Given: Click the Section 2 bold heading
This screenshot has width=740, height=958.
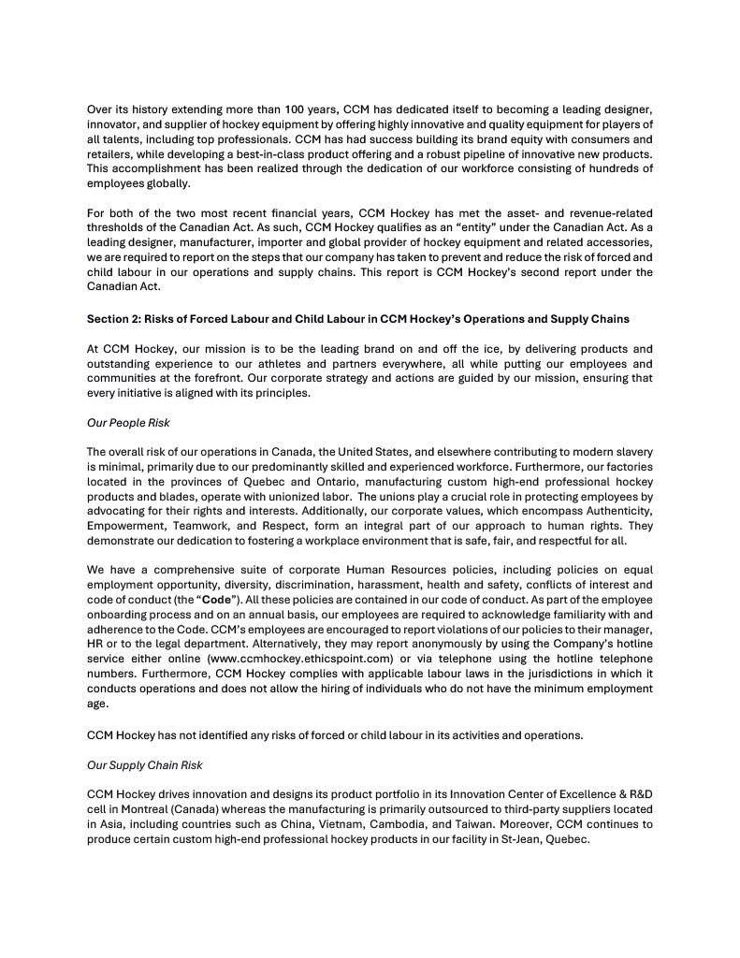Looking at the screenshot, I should (357, 320).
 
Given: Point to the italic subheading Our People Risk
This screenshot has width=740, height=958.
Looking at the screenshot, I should (128, 422).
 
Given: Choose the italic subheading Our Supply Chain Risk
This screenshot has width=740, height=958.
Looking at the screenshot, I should (144, 764).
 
